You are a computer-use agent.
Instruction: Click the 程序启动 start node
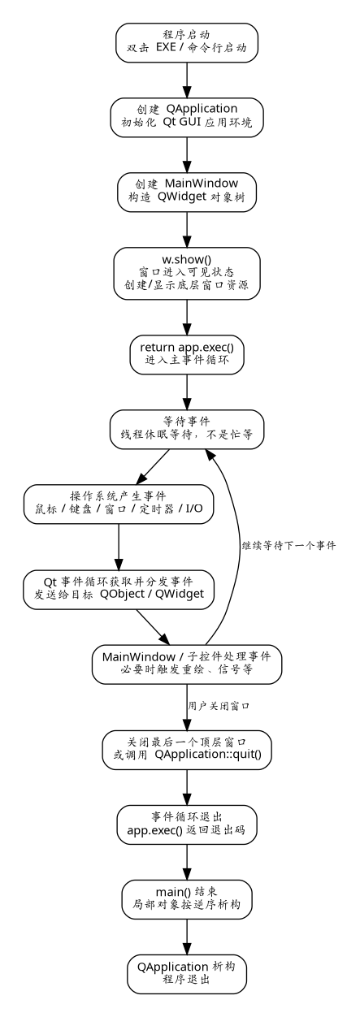(187, 43)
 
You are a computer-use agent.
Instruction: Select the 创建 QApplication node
(187, 117)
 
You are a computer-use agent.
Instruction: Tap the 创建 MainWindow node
(187, 192)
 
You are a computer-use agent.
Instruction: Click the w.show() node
(187, 273)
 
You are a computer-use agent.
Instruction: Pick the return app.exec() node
(187, 355)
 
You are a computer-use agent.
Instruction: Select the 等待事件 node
(187, 430)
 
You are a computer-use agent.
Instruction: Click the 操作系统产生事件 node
(119, 504)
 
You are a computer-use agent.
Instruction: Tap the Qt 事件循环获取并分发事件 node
(119, 590)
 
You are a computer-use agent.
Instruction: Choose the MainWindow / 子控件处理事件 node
(187, 664)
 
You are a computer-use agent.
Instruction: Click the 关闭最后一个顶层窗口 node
(187, 750)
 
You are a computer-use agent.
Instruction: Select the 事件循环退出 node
(187, 825)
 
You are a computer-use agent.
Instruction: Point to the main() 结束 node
(187, 899)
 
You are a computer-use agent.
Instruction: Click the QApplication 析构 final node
(187, 974)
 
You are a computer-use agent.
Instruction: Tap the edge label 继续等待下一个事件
(288, 545)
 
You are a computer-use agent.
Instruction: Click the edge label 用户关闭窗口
(219, 706)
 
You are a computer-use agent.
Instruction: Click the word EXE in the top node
(166, 47)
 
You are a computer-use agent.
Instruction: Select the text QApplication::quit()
(208, 755)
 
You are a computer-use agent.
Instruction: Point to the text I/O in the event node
(194, 508)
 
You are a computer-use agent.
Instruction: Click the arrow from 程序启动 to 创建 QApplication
(187, 80)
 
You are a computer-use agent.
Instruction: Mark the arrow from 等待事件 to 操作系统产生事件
(153, 467)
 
